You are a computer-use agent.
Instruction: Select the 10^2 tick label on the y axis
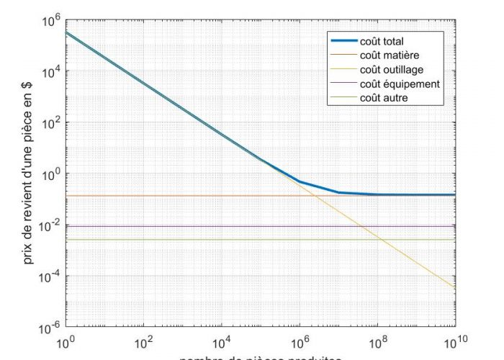(x=49, y=124)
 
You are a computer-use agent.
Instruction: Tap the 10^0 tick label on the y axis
(x=49, y=175)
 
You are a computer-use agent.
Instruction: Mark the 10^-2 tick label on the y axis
(x=48, y=226)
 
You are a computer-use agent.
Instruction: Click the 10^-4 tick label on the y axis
(x=48, y=277)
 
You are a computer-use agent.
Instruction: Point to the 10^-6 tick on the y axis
(x=48, y=328)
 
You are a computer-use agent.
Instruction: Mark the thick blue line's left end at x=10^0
(x=66, y=32)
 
